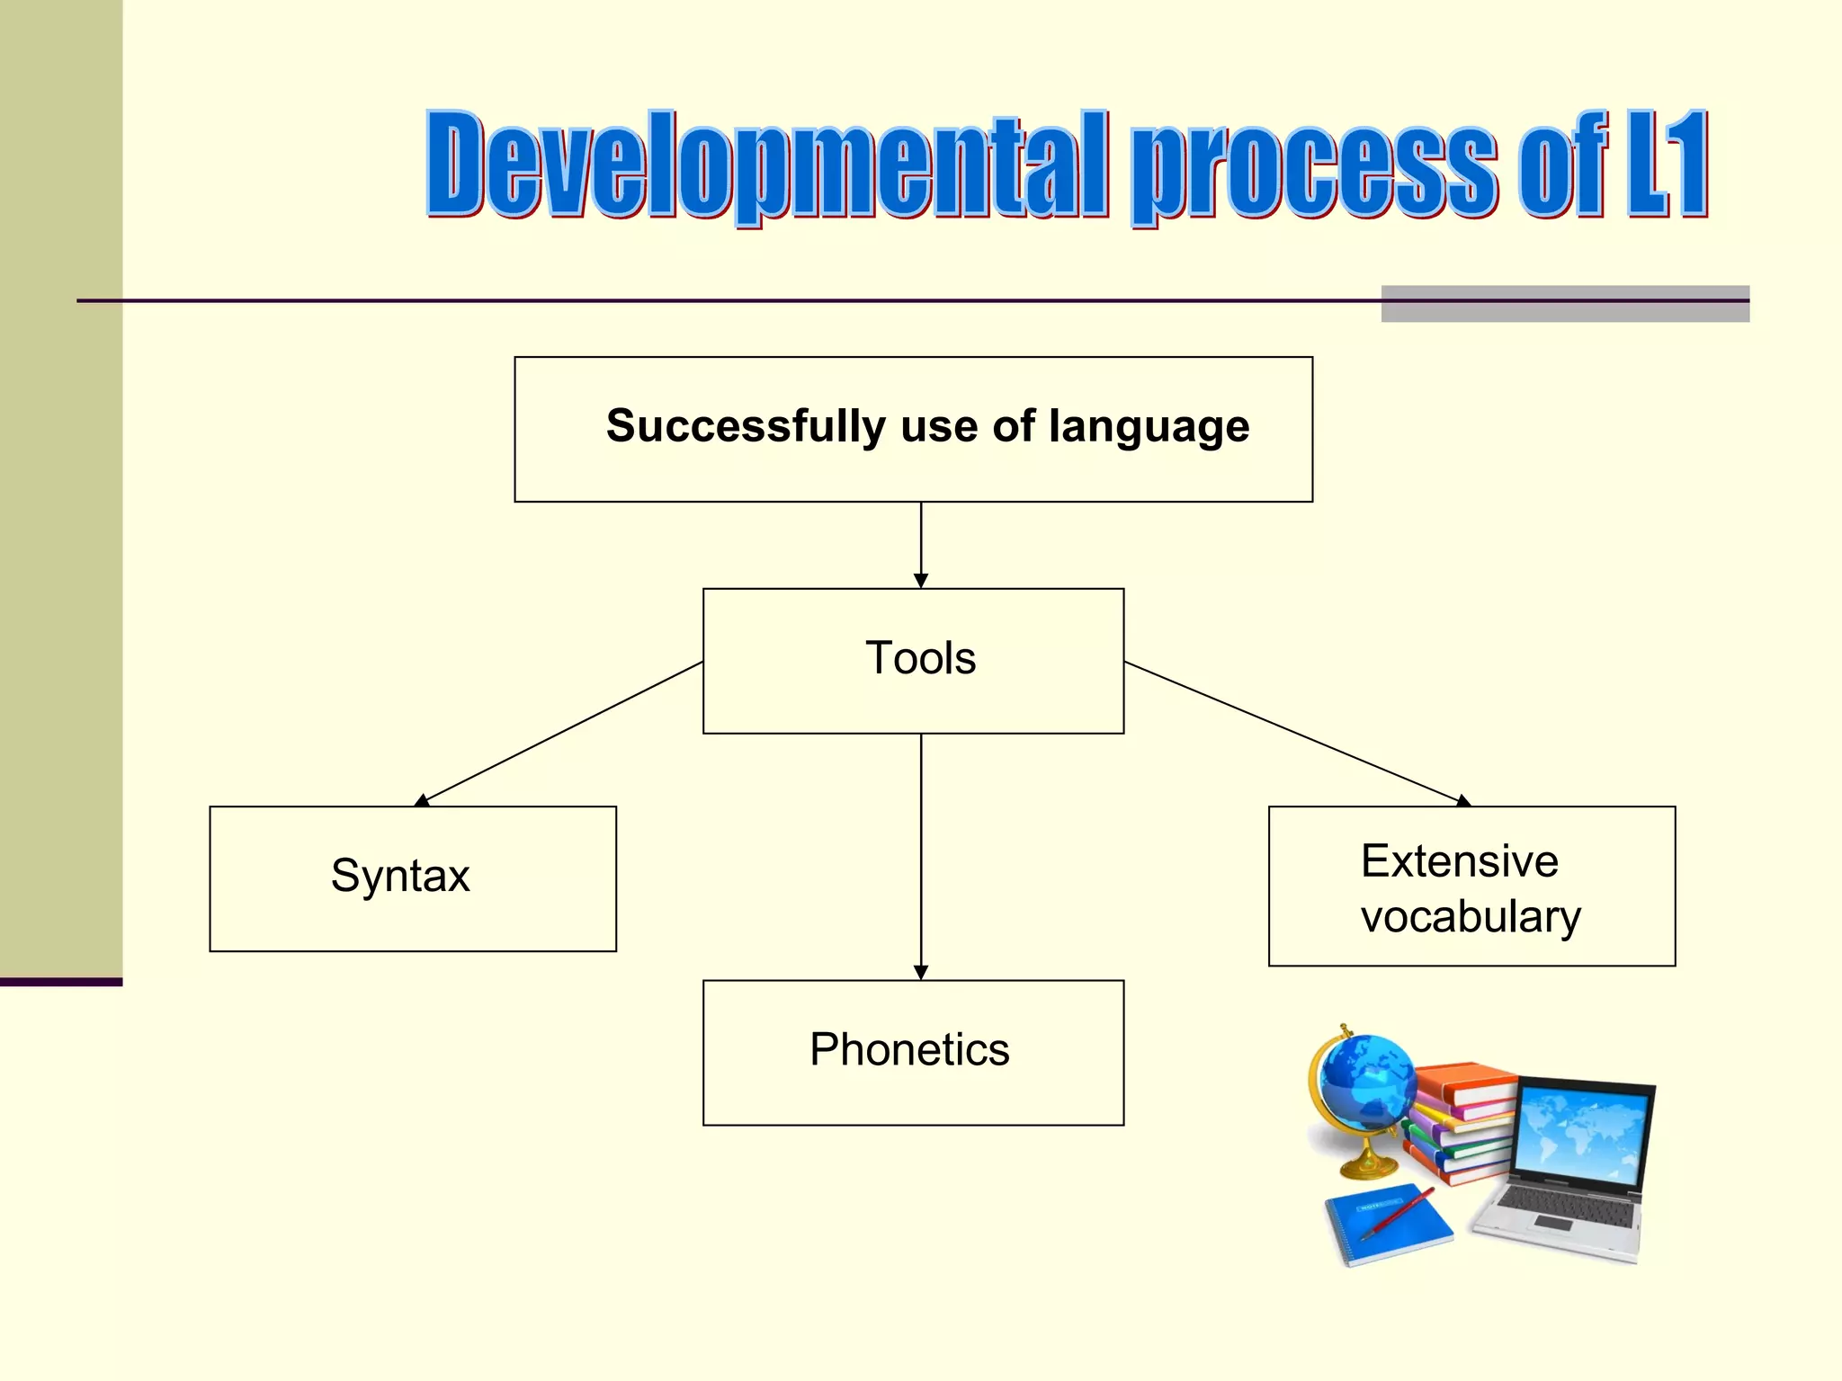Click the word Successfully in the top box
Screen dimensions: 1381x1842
(746, 426)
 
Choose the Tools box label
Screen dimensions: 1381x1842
(920, 658)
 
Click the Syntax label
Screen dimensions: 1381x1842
(400, 876)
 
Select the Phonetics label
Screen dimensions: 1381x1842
(909, 1049)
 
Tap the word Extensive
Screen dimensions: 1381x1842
(1459, 861)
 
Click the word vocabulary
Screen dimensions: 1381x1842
(1471, 917)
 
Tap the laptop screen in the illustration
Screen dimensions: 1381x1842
(1583, 1133)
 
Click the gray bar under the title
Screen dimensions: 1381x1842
(1565, 304)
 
